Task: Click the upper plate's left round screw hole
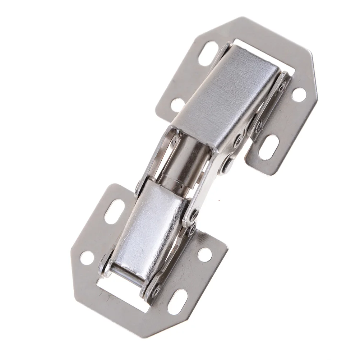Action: click(x=177, y=105)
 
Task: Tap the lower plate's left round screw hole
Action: click(x=87, y=258)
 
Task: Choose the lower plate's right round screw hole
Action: click(x=205, y=254)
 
